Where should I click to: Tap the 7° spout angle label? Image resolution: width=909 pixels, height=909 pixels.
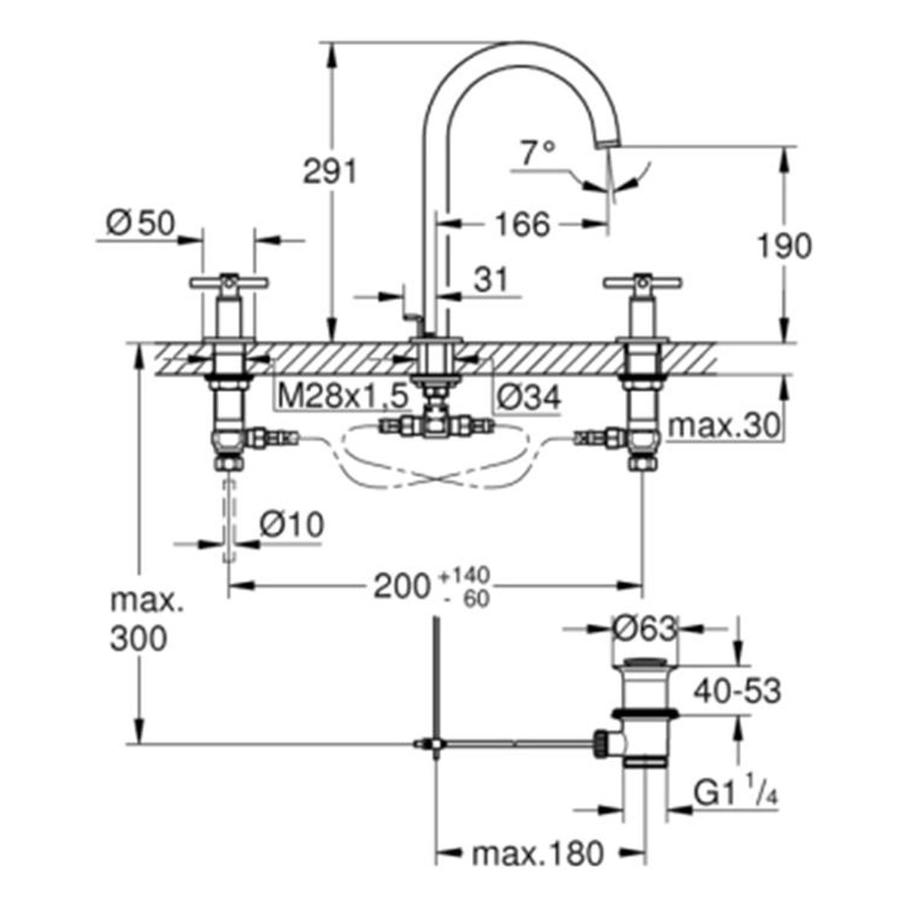pos(537,152)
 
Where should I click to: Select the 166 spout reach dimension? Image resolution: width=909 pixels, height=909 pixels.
pos(523,224)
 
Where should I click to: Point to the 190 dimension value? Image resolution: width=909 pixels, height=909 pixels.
pos(785,245)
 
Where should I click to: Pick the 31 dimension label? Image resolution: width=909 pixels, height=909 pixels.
pos(491,280)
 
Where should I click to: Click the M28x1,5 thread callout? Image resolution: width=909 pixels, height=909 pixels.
pos(343,395)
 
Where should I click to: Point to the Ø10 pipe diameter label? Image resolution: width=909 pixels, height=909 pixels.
pos(292,524)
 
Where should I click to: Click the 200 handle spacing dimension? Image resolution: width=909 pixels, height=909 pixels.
pos(401,587)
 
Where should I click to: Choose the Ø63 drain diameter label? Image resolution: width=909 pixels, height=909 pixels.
pos(645,628)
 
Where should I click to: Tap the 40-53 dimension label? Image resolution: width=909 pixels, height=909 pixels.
pos(737,691)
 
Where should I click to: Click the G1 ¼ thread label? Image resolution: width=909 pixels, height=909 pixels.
pos(736,793)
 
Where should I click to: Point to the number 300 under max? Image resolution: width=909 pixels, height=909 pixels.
pos(139,639)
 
